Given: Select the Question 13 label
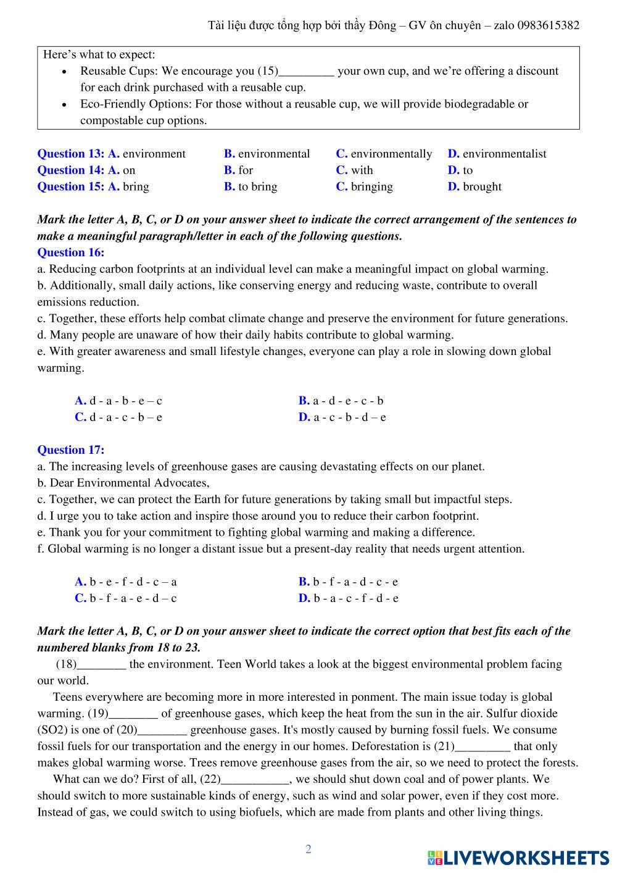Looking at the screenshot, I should click(x=71, y=154).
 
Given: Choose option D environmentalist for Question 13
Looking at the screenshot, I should click(x=497, y=154).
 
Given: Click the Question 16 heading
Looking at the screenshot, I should click(x=71, y=252).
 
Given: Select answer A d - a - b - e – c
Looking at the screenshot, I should click(x=118, y=400).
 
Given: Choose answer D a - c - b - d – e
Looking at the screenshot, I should click(x=342, y=417).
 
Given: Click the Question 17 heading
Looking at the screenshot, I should click(x=71, y=449).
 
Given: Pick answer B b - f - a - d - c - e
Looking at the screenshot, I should click(x=349, y=581).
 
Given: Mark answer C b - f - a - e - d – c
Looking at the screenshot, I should click(x=126, y=598).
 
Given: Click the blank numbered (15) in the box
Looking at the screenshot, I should click(x=307, y=72).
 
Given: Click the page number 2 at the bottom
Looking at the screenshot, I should click(x=308, y=849).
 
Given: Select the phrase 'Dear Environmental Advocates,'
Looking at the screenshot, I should click(x=130, y=483).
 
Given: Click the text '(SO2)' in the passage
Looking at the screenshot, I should click(x=52, y=730).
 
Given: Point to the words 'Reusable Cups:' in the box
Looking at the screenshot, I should click(x=119, y=71).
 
